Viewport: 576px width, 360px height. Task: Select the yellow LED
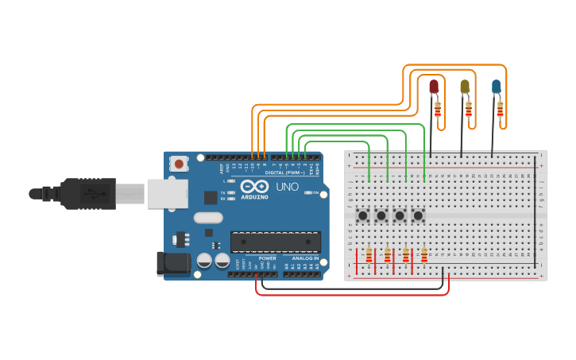tap(465, 85)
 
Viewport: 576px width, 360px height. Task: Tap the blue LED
tap(496, 85)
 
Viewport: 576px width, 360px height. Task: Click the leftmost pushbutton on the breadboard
tap(362, 215)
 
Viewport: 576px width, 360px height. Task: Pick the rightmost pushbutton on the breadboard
tap(418, 215)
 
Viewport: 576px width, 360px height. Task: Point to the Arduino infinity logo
tap(250, 185)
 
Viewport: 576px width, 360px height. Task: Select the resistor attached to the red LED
tap(438, 110)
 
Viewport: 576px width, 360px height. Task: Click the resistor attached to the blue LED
tap(501, 109)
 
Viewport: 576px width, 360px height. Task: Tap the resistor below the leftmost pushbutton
tap(369, 255)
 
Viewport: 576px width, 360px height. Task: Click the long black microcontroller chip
tap(275, 242)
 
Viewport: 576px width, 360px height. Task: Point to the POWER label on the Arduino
tap(268, 258)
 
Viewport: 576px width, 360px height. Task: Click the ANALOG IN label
tap(304, 258)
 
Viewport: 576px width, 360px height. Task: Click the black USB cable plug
tap(95, 192)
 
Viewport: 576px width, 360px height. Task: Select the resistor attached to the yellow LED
tap(469, 110)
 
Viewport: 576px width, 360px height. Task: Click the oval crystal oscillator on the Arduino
tap(209, 218)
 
